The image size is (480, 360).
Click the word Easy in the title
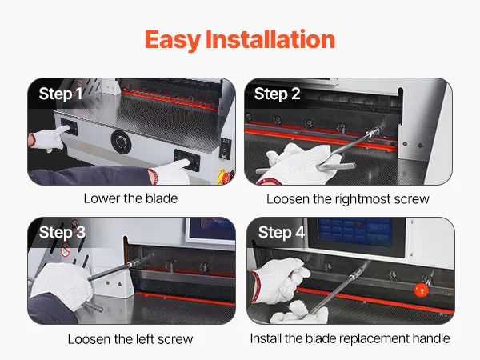(x=173, y=40)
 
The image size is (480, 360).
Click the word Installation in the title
(x=270, y=39)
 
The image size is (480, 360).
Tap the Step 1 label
(x=61, y=94)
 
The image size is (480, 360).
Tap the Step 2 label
(x=277, y=94)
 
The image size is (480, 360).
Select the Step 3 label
(x=62, y=232)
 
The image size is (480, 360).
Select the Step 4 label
(x=282, y=232)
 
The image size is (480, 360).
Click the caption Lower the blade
(x=130, y=198)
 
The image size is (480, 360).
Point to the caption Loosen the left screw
(x=130, y=339)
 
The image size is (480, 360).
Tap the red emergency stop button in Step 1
(x=226, y=177)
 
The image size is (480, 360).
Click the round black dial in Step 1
(x=122, y=142)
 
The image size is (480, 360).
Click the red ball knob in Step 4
(x=421, y=290)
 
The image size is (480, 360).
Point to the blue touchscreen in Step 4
(x=355, y=232)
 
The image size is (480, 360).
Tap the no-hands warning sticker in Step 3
(x=66, y=249)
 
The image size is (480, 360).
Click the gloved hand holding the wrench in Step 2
(x=301, y=164)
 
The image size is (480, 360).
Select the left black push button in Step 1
(x=69, y=126)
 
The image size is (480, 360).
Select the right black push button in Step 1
(x=186, y=160)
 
